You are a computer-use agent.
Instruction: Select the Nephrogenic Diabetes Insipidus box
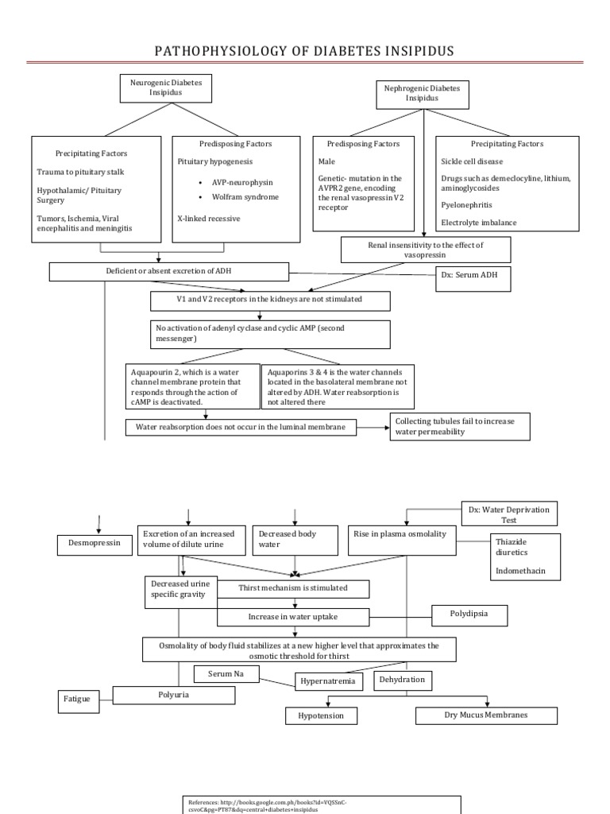(x=422, y=93)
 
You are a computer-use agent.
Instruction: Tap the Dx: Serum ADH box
(x=472, y=279)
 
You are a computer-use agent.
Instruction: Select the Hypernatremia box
(x=330, y=681)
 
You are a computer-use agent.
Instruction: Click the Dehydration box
(x=401, y=680)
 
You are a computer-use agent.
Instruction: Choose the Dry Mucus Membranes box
(x=485, y=715)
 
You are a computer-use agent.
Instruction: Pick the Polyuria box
(x=174, y=695)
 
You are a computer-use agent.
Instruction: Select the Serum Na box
(x=227, y=674)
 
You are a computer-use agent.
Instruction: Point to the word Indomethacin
(x=520, y=572)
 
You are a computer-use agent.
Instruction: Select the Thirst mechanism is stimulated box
(x=293, y=589)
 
